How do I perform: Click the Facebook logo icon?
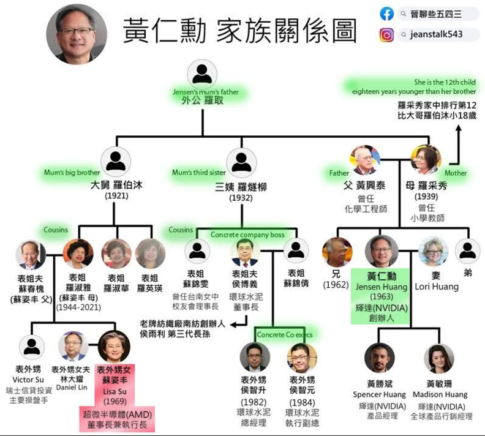point(386,13)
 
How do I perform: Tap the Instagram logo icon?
point(386,34)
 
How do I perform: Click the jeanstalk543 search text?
point(437,34)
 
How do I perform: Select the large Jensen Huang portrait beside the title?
point(77,34)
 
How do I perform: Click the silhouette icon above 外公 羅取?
point(202,74)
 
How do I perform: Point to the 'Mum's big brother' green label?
point(72,173)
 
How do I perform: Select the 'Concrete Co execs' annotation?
point(285,334)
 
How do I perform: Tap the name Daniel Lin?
point(72,388)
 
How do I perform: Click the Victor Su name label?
point(31,380)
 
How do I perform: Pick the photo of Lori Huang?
point(433,252)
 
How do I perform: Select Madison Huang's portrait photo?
point(439,359)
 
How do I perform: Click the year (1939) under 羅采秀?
point(426,197)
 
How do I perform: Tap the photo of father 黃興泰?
point(365,160)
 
